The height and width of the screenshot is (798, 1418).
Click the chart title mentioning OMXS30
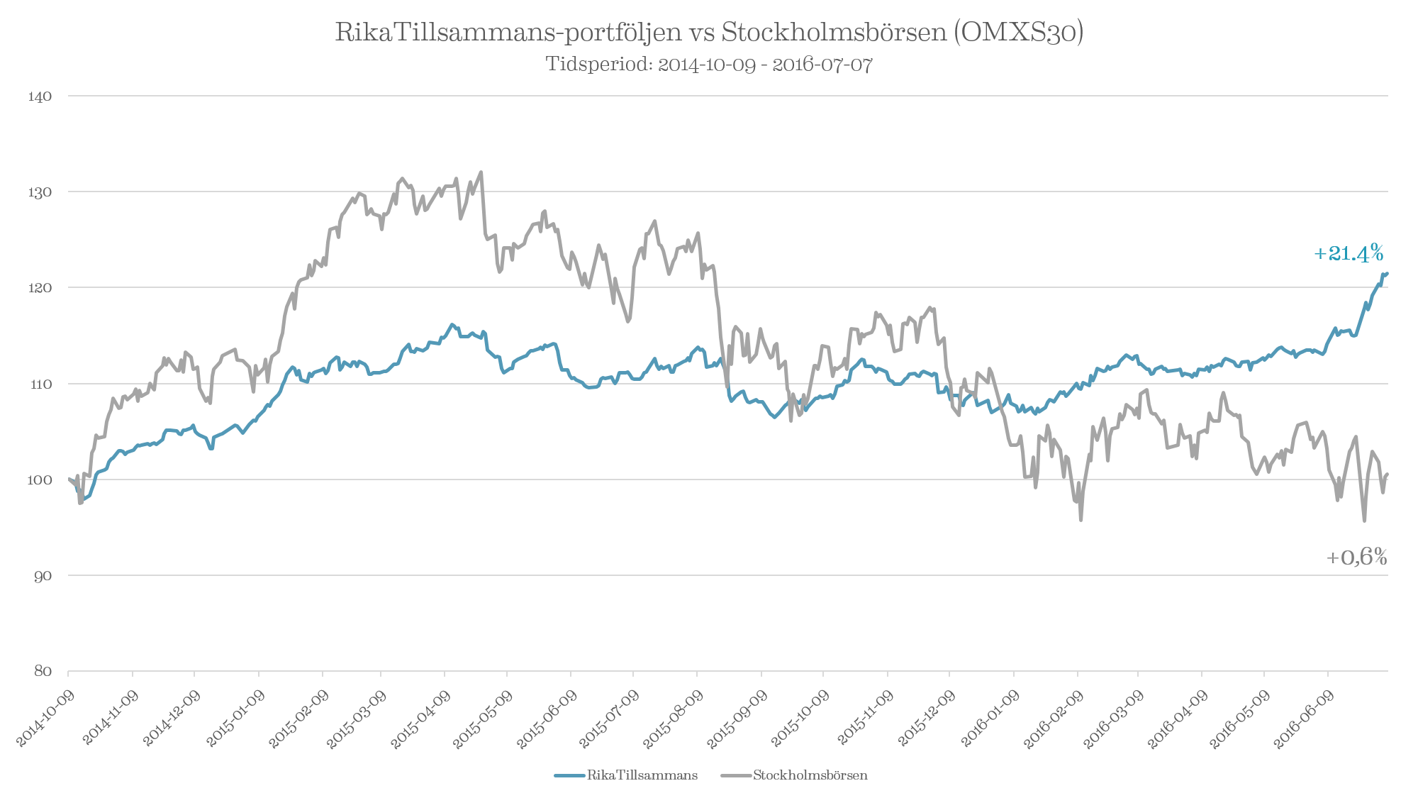709,33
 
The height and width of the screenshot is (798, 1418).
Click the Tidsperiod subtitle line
709,65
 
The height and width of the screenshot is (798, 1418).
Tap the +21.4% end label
1349,253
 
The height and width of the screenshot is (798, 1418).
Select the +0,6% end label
1356,558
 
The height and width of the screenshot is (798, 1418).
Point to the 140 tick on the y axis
40,96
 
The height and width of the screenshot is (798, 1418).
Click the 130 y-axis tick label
40,192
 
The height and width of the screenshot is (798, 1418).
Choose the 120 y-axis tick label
40,288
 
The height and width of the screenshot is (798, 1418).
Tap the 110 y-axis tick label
40,384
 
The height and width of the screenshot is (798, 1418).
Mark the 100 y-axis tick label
40,480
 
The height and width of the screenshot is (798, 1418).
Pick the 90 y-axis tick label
43,576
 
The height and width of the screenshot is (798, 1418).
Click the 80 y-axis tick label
43,672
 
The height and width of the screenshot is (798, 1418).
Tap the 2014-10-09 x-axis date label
45,718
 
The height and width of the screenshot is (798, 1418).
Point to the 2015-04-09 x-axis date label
421,718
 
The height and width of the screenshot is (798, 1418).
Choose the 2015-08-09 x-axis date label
673,718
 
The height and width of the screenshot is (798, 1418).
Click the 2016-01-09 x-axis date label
990,718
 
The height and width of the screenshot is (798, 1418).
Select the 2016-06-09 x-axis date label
1305,718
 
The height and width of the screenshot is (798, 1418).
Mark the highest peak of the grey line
481,171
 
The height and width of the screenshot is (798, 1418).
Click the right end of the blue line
1387,273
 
